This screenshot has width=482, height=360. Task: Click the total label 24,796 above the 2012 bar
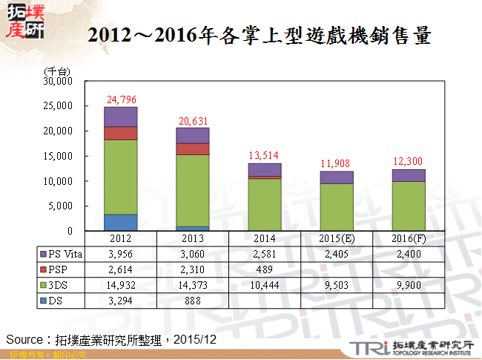pyautogui.click(x=122, y=99)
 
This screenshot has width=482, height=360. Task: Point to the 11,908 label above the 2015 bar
pyautogui.click(x=337, y=163)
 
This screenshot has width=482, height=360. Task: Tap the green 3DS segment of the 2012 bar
pyautogui.click(x=121, y=176)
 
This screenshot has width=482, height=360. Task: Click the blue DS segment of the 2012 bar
pyautogui.click(x=121, y=222)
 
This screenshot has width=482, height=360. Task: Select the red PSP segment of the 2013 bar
pyautogui.click(x=192, y=148)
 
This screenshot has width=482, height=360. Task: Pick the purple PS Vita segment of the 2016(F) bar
pyautogui.click(x=408, y=175)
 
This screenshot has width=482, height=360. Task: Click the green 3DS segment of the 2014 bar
pyautogui.click(x=265, y=204)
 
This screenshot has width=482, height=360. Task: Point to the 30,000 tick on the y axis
pyautogui.click(x=59, y=81)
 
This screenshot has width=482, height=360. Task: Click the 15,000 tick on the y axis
pyautogui.click(x=59, y=156)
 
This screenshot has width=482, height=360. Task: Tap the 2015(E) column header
pyautogui.click(x=337, y=238)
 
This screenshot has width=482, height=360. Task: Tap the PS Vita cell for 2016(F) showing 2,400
pyautogui.click(x=408, y=253)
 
